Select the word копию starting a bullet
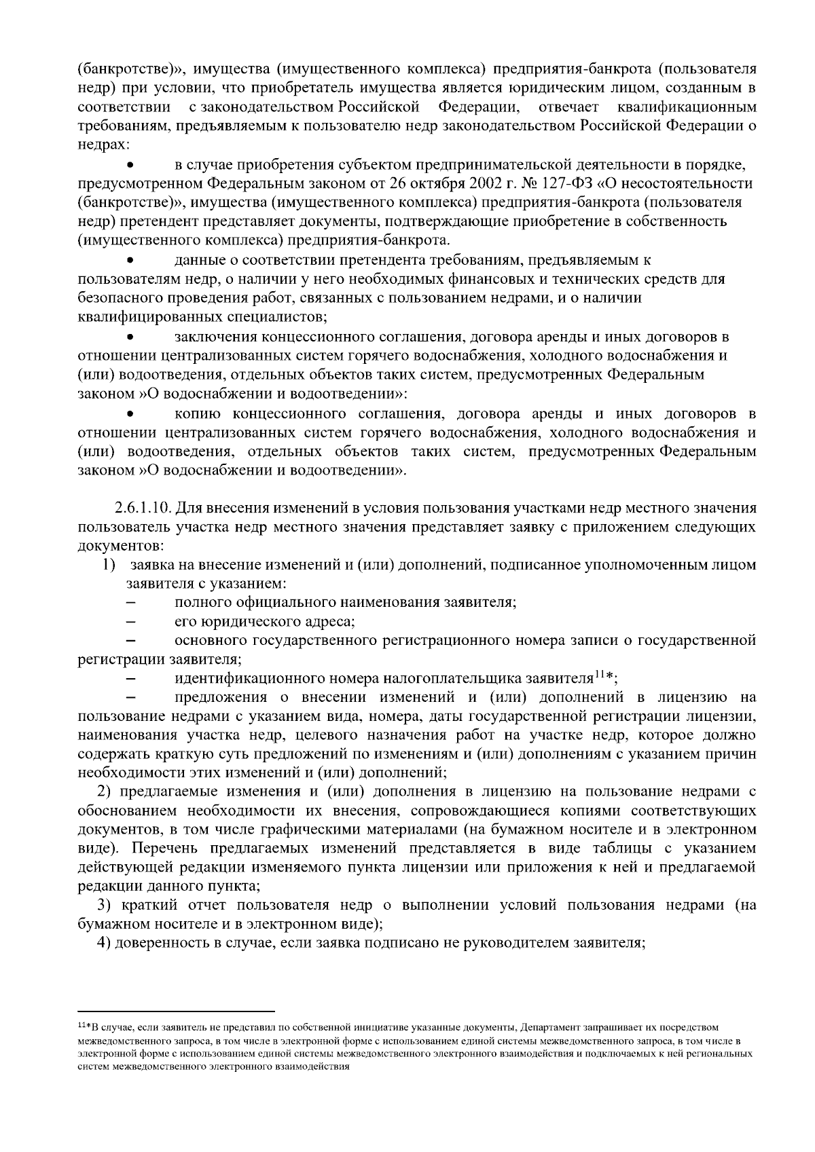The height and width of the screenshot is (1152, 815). (x=196, y=414)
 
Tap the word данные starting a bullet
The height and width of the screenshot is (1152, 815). (x=200, y=260)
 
